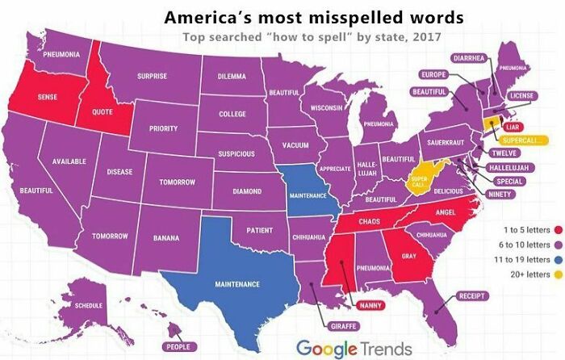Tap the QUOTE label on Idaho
coord(103,111)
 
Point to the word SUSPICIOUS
coord(236,153)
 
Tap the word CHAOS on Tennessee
coord(369,220)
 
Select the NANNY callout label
coord(370,304)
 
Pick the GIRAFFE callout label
coord(345,325)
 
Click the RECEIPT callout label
coord(473,296)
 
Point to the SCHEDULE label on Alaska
coord(89,306)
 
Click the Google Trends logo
coord(354,348)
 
